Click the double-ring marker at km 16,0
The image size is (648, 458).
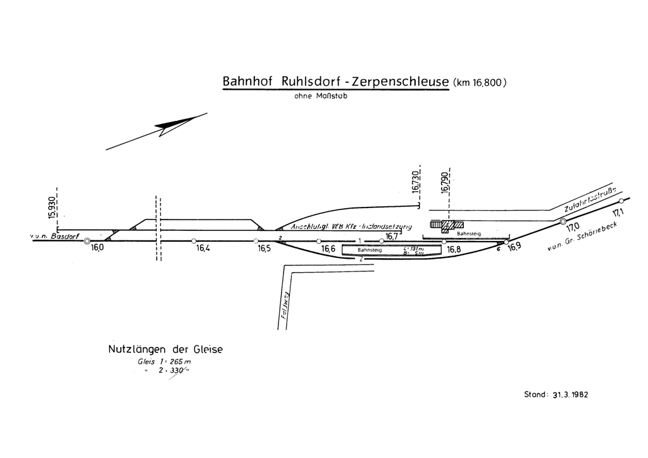(x=87, y=241)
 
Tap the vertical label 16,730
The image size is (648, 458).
(x=415, y=182)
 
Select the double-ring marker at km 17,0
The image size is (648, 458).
(x=563, y=221)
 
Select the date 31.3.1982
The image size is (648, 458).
(x=566, y=393)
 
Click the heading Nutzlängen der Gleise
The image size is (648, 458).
(x=166, y=349)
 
